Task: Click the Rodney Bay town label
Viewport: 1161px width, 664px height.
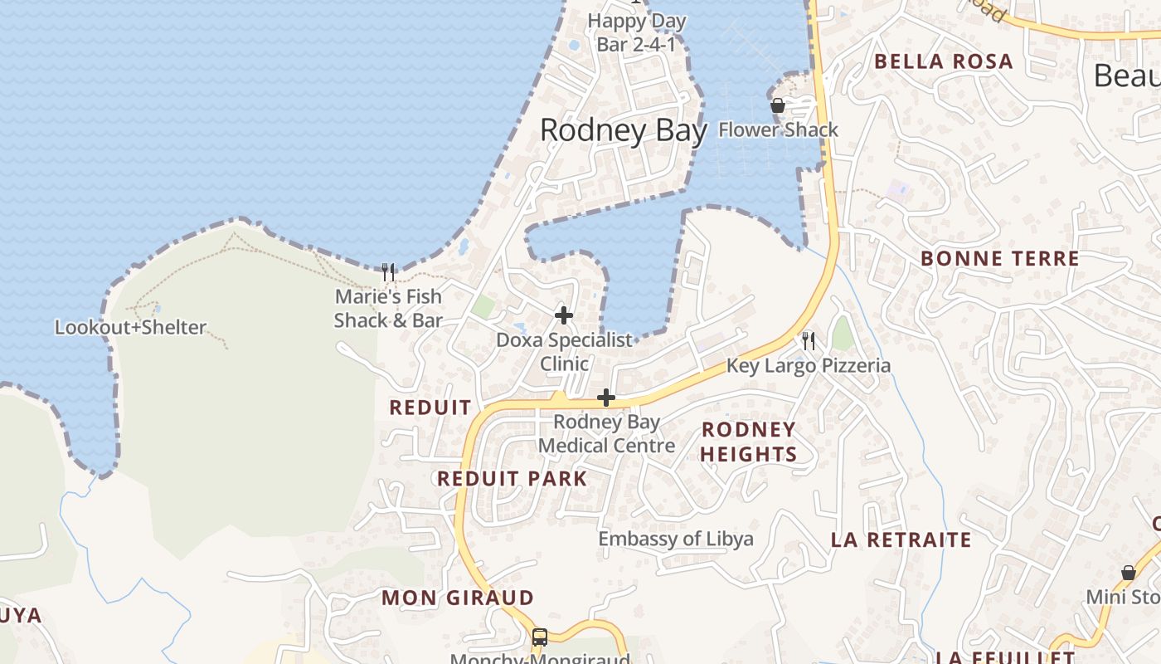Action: [x=624, y=130]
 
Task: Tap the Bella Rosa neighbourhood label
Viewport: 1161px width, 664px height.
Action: [x=944, y=61]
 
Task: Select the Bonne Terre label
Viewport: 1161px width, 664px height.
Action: [x=1000, y=258]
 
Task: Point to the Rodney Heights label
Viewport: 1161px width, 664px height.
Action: [x=749, y=442]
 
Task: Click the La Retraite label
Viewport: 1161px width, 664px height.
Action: [x=901, y=540]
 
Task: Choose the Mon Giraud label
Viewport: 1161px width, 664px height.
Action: [x=458, y=598]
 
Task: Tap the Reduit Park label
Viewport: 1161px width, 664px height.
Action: [x=512, y=479]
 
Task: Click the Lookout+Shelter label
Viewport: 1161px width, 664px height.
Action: [x=130, y=327]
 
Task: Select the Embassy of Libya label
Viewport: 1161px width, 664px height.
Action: [x=676, y=539]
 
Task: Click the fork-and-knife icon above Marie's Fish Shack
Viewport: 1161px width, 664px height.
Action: [x=387, y=271]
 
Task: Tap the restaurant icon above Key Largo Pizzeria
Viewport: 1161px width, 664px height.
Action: [x=809, y=340]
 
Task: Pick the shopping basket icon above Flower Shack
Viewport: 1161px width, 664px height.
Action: [x=778, y=105]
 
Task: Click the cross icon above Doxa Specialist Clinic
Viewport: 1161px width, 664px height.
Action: [x=564, y=315]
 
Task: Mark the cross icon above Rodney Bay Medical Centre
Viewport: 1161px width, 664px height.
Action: [x=606, y=398]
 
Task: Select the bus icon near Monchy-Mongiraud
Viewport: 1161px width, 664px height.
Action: [x=540, y=637]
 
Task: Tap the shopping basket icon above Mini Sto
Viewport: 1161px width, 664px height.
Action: [x=1128, y=573]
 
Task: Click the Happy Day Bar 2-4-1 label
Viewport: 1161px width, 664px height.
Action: [x=636, y=32]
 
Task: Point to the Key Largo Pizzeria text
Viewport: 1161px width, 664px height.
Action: [x=809, y=365]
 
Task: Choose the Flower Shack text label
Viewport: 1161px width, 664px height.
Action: [x=778, y=129]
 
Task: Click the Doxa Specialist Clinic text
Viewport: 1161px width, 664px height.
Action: [x=564, y=351]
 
